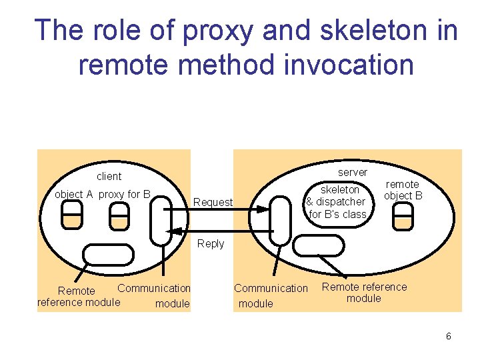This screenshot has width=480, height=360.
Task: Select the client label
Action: [109, 177]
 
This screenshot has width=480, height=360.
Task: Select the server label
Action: [353, 173]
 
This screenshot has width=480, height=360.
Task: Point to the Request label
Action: [213, 203]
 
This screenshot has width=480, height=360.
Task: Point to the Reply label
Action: [211, 244]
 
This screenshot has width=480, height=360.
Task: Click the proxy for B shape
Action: [119, 215]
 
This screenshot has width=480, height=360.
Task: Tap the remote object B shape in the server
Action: [403, 215]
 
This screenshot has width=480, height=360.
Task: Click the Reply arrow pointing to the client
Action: [220, 231]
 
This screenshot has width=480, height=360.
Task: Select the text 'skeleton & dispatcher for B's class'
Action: [336, 201]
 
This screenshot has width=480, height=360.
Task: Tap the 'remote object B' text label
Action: [403, 189]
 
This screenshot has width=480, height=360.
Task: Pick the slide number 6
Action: [449, 336]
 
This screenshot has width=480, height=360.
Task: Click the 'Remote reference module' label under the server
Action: [364, 293]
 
